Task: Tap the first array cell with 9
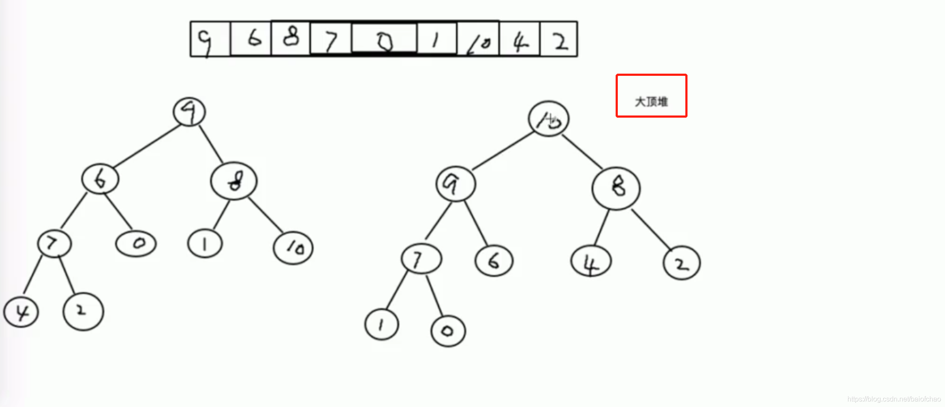(x=210, y=40)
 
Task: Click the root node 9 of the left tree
(x=189, y=112)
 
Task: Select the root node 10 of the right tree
(x=549, y=119)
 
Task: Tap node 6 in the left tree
(x=100, y=179)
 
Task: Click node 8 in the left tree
(x=234, y=181)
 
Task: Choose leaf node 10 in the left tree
(x=293, y=248)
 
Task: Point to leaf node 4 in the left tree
(x=21, y=312)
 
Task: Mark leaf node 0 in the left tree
(x=136, y=244)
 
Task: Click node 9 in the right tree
(x=456, y=184)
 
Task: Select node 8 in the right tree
(x=616, y=188)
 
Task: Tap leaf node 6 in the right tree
(x=494, y=261)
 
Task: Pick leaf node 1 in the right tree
(x=382, y=325)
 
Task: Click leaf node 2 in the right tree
(x=682, y=263)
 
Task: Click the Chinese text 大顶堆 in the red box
(x=651, y=102)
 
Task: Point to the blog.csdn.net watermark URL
(x=894, y=399)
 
